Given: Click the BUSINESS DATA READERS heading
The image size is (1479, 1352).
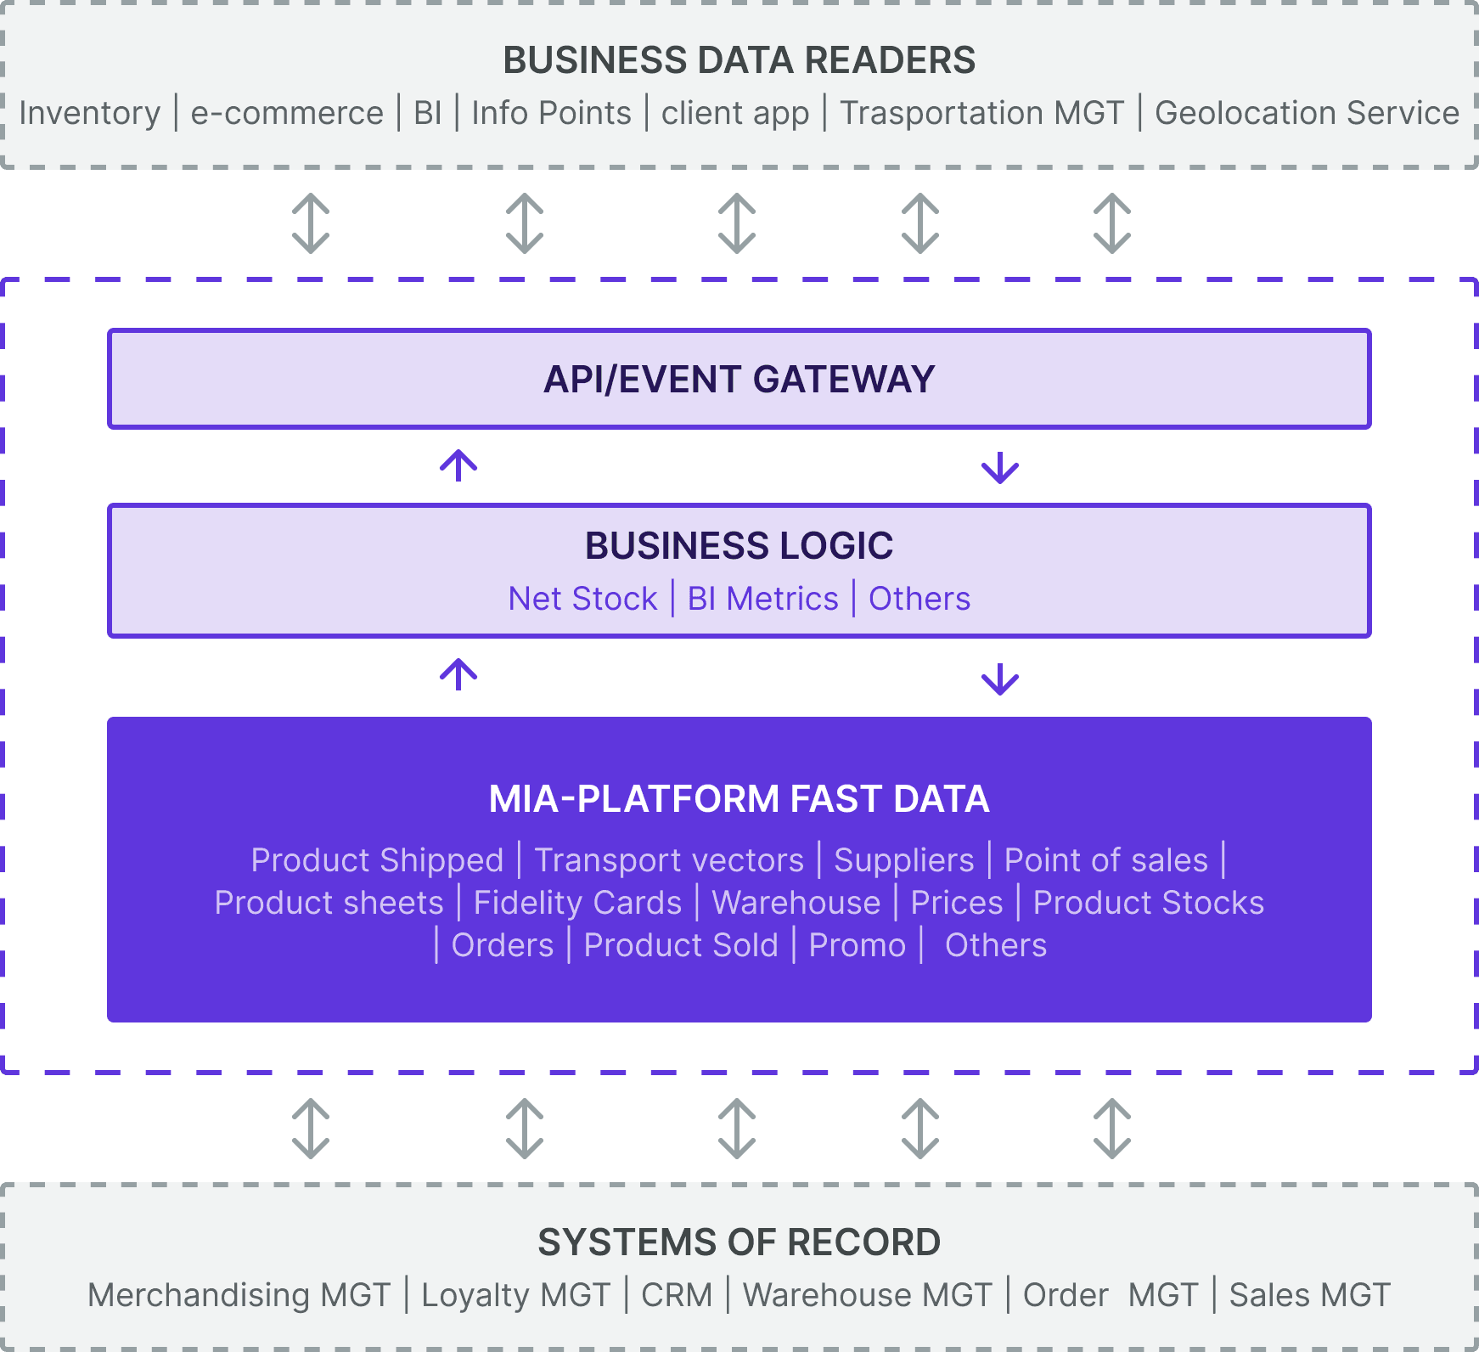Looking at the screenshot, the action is (739, 60).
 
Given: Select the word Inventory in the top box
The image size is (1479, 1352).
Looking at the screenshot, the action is (90, 114).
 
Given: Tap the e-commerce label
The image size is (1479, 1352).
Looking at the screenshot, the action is (287, 114).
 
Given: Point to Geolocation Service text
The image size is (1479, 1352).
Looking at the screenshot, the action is (1307, 113).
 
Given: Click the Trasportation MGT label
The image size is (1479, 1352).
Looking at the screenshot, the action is (982, 114).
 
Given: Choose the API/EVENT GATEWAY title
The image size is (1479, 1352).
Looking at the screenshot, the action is (739, 380).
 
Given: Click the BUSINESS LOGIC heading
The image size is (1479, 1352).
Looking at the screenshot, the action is (739, 545).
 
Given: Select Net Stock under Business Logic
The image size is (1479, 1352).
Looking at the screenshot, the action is (582, 599).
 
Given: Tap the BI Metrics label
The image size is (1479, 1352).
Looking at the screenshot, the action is (762, 599).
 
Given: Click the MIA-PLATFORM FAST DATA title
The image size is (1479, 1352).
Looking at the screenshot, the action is (739, 799).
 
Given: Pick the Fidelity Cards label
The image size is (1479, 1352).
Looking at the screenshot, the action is (577, 903).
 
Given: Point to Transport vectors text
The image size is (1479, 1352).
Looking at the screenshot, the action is (669, 860).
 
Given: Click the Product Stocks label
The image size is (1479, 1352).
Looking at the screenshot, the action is (1149, 903).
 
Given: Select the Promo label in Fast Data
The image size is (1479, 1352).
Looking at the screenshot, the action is (858, 945).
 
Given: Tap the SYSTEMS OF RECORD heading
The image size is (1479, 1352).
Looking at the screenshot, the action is (739, 1242).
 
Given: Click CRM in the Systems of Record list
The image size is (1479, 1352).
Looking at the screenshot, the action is (677, 1295).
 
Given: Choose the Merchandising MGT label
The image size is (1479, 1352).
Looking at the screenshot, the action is (239, 1296).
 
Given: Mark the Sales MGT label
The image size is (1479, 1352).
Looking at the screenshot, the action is (1310, 1295).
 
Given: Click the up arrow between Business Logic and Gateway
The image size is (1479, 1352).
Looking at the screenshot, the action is (458, 465).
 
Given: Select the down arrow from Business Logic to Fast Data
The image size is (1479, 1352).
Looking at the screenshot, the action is (1000, 679).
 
